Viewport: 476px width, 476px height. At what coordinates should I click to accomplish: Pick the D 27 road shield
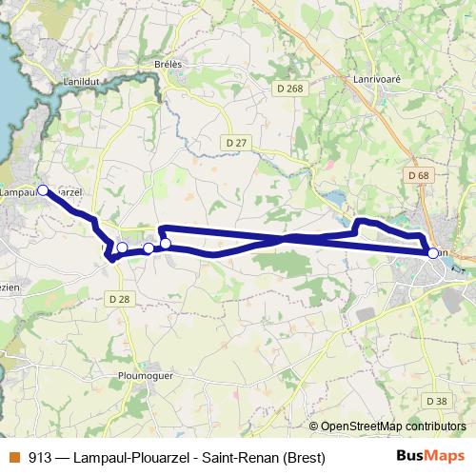click(236, 142)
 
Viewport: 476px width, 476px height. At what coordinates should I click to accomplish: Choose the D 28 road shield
click(119, 298)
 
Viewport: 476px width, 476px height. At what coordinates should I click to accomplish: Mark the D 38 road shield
click(436, 401)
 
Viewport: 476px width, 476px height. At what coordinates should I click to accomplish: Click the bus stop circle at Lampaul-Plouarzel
click(43, 190)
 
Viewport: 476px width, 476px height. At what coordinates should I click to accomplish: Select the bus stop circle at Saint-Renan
click(433, 253)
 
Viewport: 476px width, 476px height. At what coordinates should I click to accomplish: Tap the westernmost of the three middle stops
click(122, 248)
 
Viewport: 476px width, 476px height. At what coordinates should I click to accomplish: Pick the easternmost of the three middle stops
click(166, 244)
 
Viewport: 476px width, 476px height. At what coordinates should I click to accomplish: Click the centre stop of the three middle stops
click(149, 248)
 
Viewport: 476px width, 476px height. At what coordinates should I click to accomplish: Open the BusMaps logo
click(430, 457)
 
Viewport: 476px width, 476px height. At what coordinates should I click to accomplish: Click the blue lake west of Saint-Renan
click(335, 198)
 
